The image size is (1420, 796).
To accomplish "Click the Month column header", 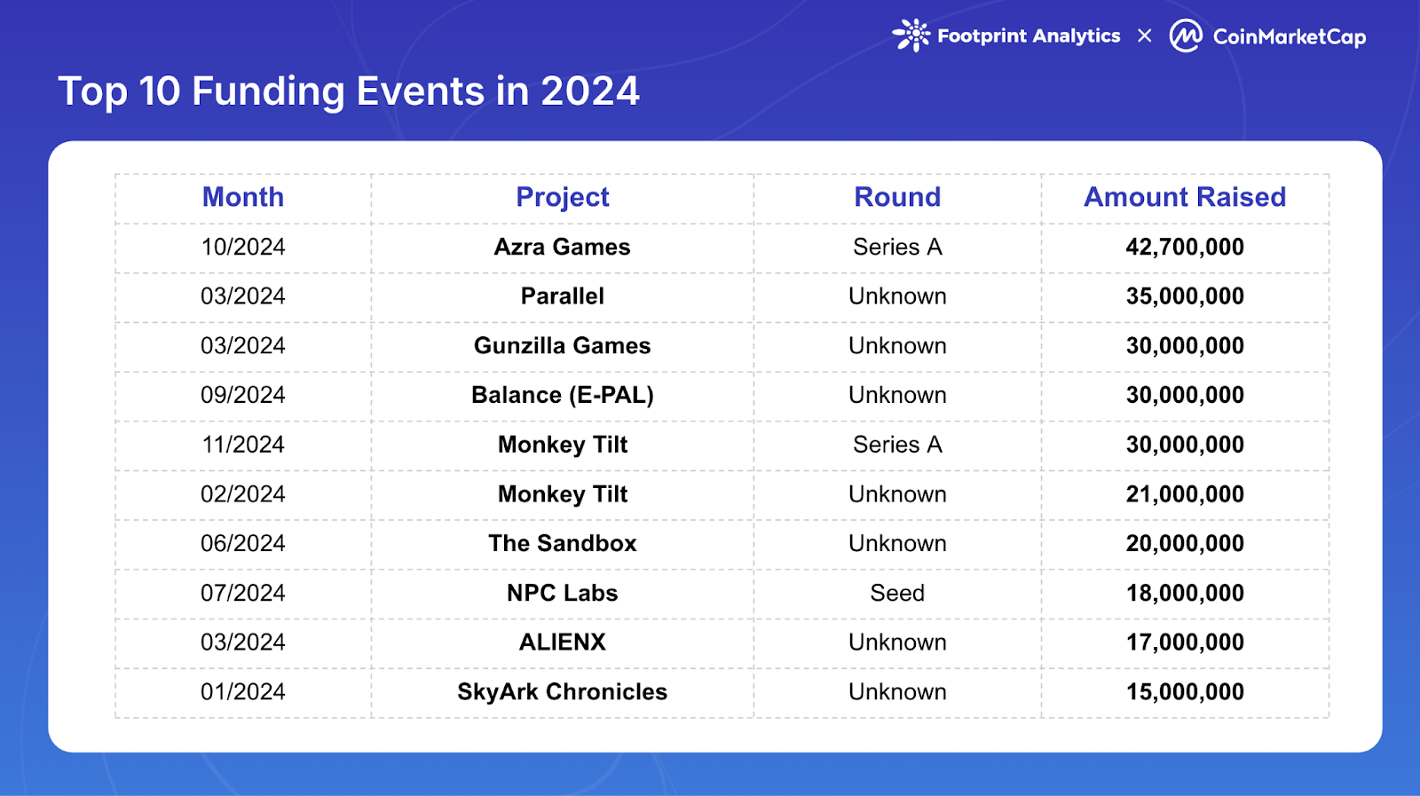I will pyautogui.click(x=242, y=197).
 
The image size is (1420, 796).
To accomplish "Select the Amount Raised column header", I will pyautogui.click(x=1184, y=197).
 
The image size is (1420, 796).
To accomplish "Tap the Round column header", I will pyautogui.click(x=896, y=197).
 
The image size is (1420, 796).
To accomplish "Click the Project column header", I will pyautogui.click(x=562, y=197).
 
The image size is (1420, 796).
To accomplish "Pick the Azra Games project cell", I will pyautogui.click(x=562, y=247).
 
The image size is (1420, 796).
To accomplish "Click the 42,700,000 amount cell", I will pyautogui.click(x=1184, y=247).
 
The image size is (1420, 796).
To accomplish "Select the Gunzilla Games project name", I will pyautogui.click(x=562, y=345).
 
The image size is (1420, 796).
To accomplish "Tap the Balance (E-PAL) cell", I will pyautogui.click(x=562, y=395).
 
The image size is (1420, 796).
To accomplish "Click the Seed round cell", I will pyautogui.click(x=896, y=593).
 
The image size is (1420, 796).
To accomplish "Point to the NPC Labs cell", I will pyautogui.click(x=562, y=593).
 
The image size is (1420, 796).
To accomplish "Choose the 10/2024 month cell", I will pyautogui.click(x=242, y=247).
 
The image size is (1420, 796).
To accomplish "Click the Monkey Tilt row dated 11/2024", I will pyautogui.click(x=562, y=445).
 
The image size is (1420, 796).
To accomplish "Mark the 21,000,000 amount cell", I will pyautogui.click(x=1184, y=494).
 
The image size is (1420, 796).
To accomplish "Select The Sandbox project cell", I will pyautogui.click(x=562, y=543).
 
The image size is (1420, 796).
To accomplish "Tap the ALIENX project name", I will pyautogui.click(x=562, y=642).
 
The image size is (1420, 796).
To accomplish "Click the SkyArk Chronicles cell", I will pyautogui.click(x=562, y=691).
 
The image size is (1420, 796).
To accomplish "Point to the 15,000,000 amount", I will pyautogui.click(x=1184, y=691).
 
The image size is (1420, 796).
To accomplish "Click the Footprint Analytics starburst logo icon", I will pyautogui.click(x=911, y=35).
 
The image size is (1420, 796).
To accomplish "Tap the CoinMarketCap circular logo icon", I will pyautogui.click(x=1186, y=35).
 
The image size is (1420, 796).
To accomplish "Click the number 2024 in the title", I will pyautogui.click(x=589, y=91).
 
